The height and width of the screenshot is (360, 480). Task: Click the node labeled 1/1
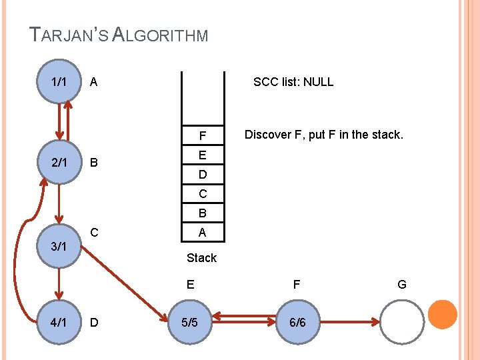point(59,81)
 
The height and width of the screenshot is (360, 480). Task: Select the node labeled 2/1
point(59,162)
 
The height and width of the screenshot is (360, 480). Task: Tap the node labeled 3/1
point(59,245)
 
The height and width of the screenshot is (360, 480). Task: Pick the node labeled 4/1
point(59,323)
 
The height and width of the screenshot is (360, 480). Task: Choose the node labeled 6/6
point(297,323)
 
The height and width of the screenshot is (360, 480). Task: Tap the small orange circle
point(442,315)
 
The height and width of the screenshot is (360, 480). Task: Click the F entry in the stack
point(202,137)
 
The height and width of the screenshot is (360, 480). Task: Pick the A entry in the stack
point(202,233)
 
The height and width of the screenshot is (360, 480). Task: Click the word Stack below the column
point(201,257)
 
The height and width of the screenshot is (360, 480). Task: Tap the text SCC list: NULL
point(293,82)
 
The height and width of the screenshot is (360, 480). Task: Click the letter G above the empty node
point(402,285)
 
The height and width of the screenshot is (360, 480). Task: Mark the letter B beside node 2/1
point(94,162)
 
